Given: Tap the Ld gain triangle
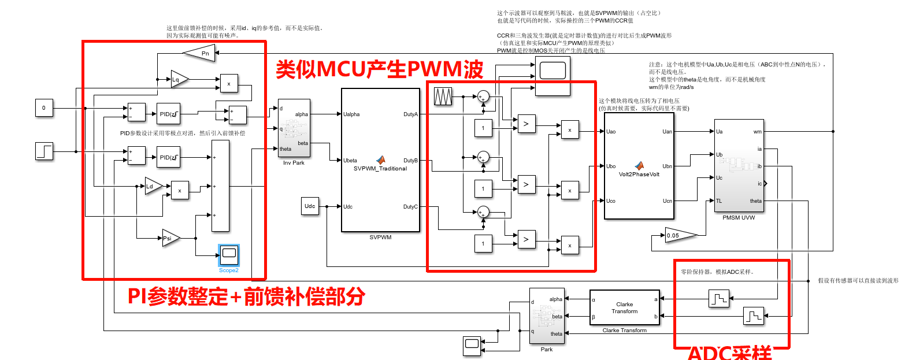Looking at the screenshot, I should [153, 186].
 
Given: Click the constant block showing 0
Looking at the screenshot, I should [43, 108].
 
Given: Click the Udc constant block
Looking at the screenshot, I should [310, 206].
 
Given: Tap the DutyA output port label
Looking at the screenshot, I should [410, 114].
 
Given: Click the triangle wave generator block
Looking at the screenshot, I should [443, 97].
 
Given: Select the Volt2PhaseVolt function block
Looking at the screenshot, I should [639, 166].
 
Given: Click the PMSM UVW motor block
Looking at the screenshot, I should [739, 166].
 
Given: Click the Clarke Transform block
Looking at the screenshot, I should [624, 307].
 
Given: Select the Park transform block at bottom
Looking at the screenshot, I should [546, 316].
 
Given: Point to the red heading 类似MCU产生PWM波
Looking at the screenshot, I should [379, 70].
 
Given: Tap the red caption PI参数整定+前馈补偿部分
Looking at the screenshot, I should [246, 296].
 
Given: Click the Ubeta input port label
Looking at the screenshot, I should [351, 161].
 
